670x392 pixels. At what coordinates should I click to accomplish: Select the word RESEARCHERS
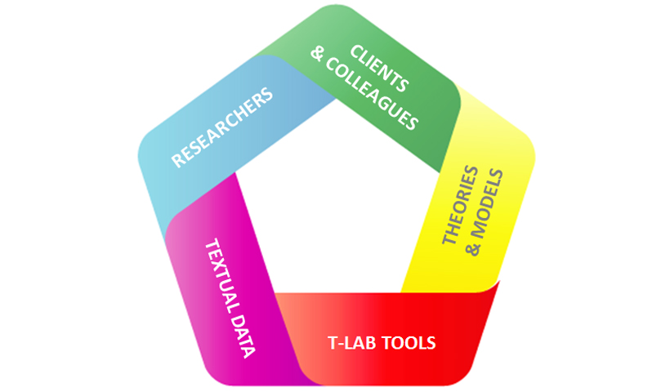tap(221, 129)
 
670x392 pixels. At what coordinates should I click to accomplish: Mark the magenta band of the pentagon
tap(196, 327)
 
